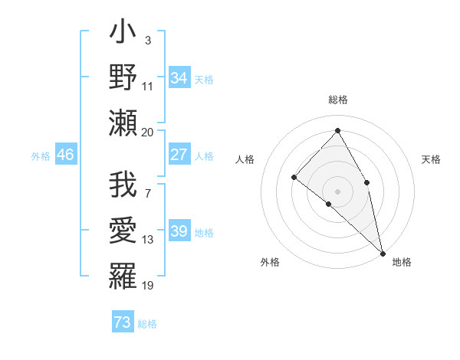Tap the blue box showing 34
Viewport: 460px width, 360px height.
coord(179,78)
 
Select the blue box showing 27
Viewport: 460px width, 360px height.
coord(179,155)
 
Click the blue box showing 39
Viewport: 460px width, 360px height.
coord(179,232)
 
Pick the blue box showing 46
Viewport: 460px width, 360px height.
coord(65,155)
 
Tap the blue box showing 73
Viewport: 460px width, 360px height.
coord(123,322)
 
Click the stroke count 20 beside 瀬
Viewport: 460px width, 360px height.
coord(148,132)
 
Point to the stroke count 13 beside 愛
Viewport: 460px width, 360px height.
coord(148,240)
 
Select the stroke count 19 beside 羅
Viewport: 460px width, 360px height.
coord(148,286)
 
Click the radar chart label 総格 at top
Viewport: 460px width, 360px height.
coord(338,100)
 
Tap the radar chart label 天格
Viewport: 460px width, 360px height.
coord(431,159)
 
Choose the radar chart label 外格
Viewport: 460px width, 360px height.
coord(270,262)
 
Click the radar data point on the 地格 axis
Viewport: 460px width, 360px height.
coord(383,253)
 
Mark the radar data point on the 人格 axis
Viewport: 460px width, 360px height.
coord(294,177)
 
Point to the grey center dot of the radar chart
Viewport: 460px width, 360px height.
coord(337,191)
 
